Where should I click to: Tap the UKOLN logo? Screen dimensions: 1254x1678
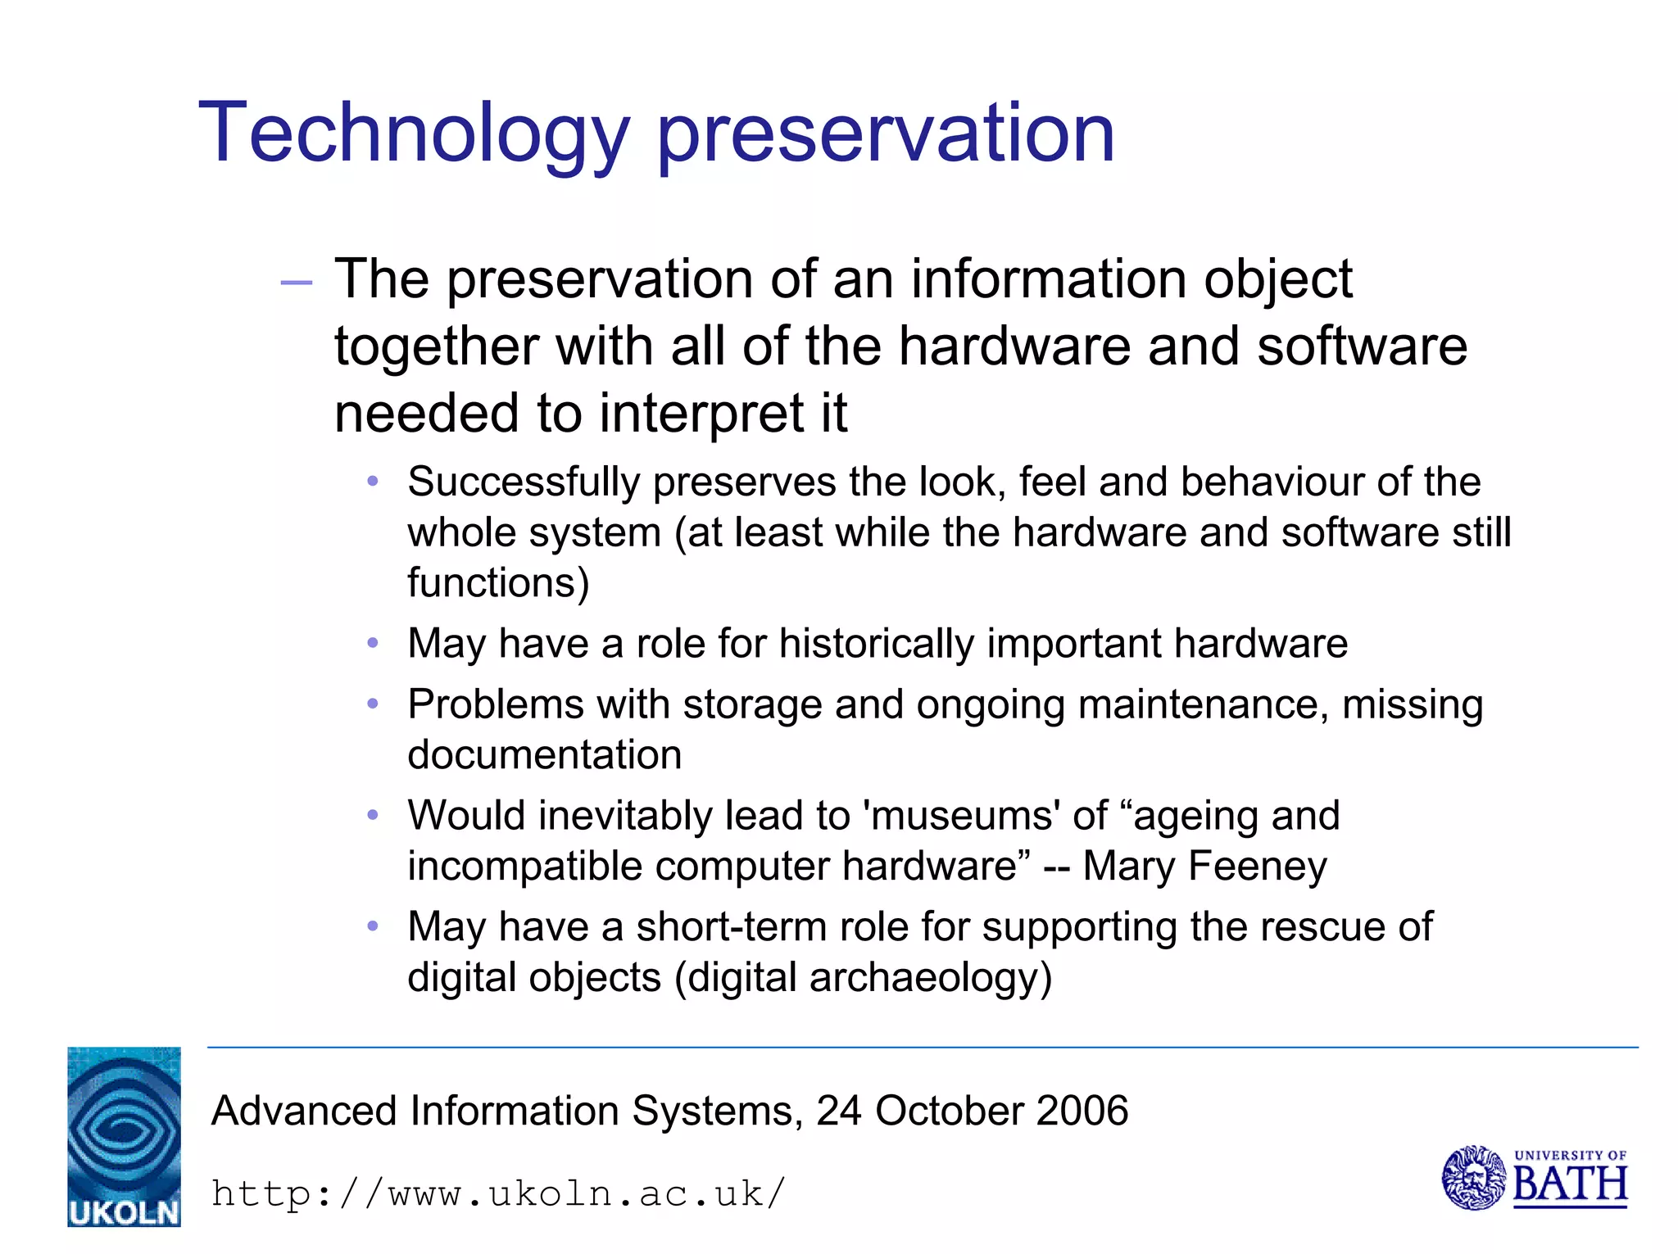pos(124,1136)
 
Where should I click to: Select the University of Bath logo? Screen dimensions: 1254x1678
pos(1534,1178)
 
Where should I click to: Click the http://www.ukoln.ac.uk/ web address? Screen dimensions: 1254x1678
pos(498,1193)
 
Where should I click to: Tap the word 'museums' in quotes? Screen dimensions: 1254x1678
pos(961,816)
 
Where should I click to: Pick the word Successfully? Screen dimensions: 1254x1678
pos(524,482)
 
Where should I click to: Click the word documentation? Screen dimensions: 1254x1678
pos(545,755)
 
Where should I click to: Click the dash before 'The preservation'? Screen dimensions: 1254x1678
pos(297,283)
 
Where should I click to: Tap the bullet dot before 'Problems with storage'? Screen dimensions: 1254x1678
pos(373,704)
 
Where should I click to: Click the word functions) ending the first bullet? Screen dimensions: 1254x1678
pos(498,583)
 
